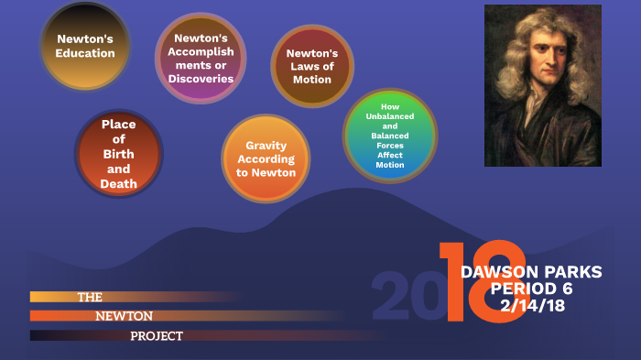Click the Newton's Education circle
pos(85,46)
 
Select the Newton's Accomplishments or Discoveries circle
pos(201,58)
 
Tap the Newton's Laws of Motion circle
pos(312,66)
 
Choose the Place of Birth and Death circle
pos(119,154)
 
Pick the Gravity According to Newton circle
pos(266,158)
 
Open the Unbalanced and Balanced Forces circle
pos(390,136)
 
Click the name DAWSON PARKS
pos(531,272)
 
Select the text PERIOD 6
pos(531,289)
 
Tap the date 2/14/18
pos(532,306)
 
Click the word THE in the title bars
pos(90,297)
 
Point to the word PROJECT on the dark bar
pos(156,336)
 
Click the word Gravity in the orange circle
pos(266,146)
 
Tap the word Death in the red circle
pos(119,184)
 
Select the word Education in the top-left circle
pos(85,53)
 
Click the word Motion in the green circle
pos(390,165)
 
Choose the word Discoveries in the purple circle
pos(201,78)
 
